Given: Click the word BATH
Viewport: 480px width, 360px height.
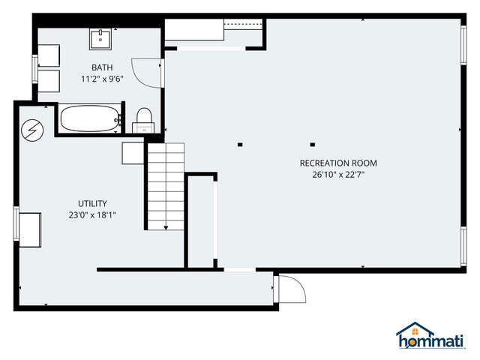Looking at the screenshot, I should (x=103, y=67).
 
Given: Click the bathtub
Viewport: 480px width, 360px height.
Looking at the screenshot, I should (x=89, y=119).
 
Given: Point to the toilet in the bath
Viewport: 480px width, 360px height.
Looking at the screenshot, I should (x=142, y=118).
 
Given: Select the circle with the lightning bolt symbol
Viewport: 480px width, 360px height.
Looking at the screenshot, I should (x=32, y=130).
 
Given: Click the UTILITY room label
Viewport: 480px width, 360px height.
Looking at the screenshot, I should (x=92, y=203).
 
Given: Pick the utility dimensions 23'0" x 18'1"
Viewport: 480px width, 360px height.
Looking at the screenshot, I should (x=92, y=214).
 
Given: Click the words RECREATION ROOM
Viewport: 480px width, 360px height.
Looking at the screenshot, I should (x=338, y=163).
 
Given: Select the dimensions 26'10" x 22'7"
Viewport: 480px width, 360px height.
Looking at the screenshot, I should (x=338, y=174).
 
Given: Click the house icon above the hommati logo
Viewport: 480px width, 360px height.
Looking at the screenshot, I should (x=415, y=331).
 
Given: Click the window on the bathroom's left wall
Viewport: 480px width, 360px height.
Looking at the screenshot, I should (x=34, y=70).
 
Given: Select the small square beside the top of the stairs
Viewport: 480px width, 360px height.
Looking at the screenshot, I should (x=133, y=153).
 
